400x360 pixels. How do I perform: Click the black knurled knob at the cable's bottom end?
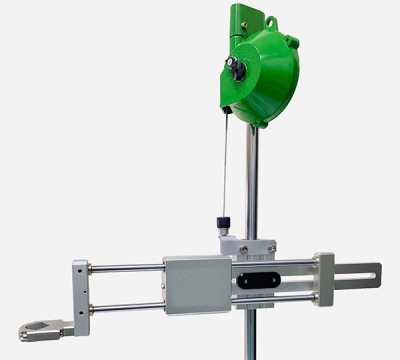click(x=224, y=221)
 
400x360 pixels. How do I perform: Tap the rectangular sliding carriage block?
click(x=197, y=283)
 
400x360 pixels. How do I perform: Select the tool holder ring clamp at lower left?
click(x=37, y=328)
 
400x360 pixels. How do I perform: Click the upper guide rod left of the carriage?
click(x=125, y=268)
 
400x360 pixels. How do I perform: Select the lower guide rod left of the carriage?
click(x=125, y=307)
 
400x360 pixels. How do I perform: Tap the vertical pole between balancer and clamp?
click(x=252, y=180)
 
